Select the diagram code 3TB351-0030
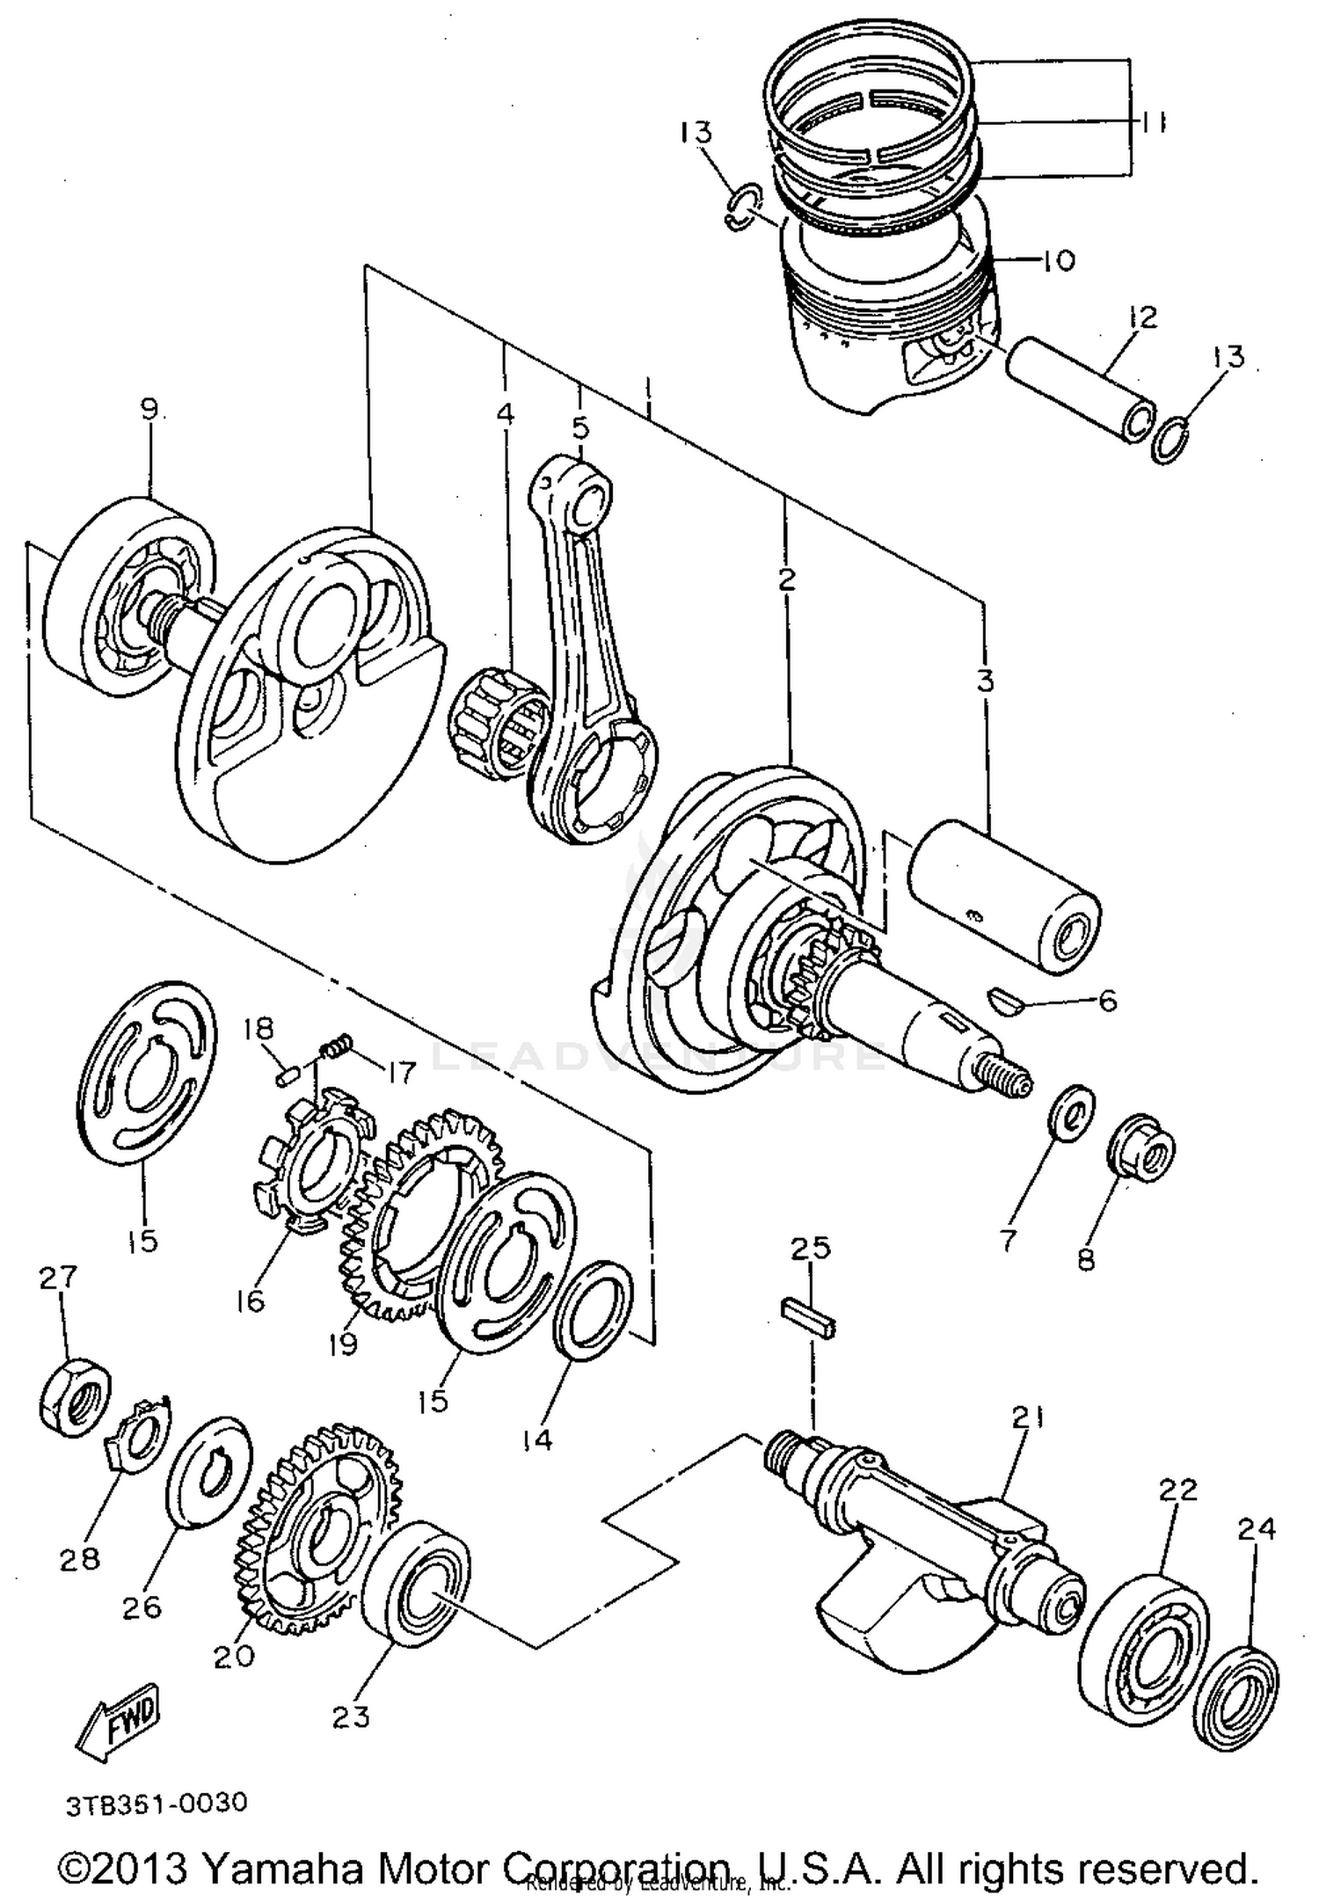click(157, 1804)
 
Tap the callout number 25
click(810, 1249)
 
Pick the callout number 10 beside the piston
click(1060, 260)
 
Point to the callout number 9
click(149, 409)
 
